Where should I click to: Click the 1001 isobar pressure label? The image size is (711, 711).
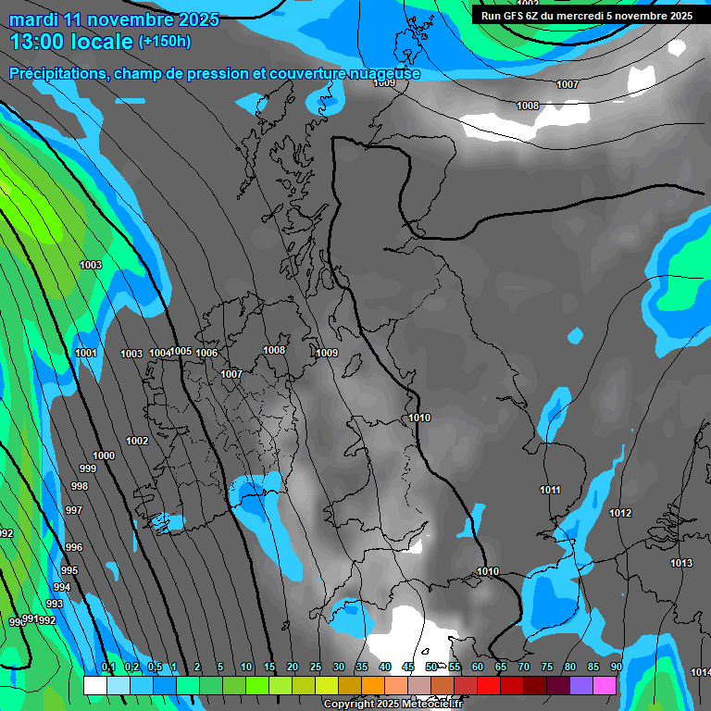click(86, 353)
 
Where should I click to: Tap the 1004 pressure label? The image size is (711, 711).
click(160, 353)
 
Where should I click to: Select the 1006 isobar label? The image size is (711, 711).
click(206, 353)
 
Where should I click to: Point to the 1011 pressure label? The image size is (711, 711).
click(550, 490)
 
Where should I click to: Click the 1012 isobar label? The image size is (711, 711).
click(620, 513)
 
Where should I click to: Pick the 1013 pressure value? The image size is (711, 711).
click(681, 563)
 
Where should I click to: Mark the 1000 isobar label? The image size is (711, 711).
click(104, 455)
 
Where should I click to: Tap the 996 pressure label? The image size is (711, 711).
click(74, 547)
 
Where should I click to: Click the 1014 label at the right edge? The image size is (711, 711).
click(701, 672)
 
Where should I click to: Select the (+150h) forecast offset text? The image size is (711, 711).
click(165, 41)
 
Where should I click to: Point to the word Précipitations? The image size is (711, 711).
click(57, 74)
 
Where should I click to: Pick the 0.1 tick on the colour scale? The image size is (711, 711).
click(108, 667)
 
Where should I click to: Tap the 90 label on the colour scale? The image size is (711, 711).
click(616, 667)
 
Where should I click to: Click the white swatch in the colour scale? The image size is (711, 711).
click(94, 685)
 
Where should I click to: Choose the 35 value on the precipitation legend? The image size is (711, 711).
click(362, 667)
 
